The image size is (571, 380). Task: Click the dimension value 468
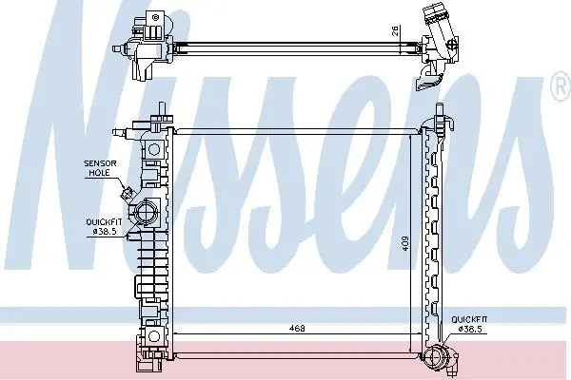[x=297, y=328]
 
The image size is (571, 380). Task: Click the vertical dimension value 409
[x=405, y=243]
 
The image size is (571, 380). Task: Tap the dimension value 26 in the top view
[x=396, y=31]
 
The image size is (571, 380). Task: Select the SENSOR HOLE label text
[x=100, y=168]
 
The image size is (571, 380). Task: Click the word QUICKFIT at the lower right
[x=469, y=319]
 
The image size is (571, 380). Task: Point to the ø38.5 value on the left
[x=106, y=232]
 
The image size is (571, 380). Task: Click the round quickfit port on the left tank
[x=146, y=213]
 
